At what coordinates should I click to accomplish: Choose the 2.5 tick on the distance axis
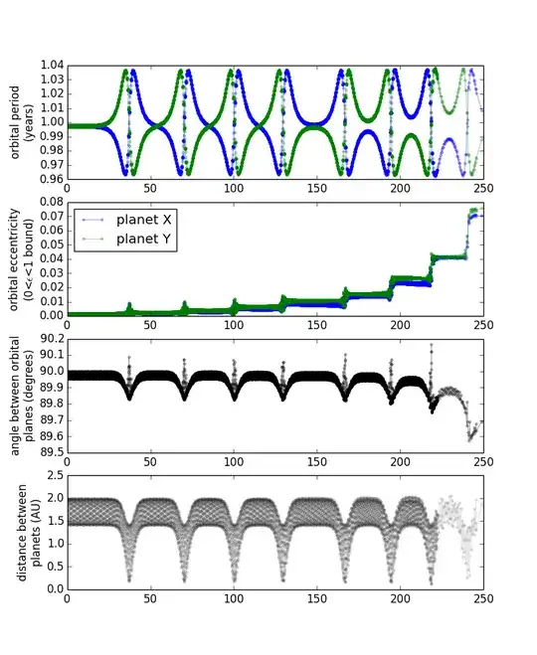click(54, 475)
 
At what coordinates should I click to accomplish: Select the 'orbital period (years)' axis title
click(22, 121)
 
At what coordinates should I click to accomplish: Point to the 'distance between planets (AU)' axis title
click(22, 532)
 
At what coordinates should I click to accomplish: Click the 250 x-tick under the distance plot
click(483, 599)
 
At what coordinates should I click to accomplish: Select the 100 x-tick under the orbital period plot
click(234, 189)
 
